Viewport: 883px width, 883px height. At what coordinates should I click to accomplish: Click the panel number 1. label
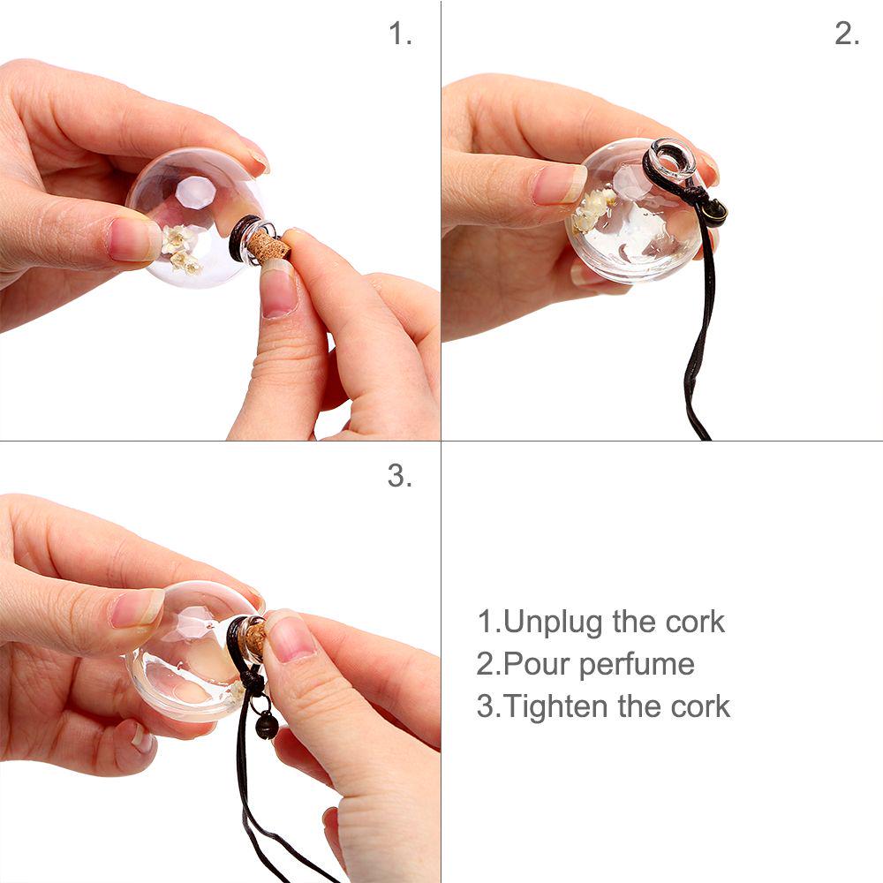coord(400,35)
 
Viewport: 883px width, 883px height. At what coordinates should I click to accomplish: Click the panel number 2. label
coord(847,35)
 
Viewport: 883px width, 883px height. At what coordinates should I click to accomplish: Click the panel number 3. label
coord(400,477)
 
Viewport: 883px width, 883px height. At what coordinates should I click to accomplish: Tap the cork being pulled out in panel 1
coord(268,246)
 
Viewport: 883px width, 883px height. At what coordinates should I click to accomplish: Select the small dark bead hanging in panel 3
coord(266,727)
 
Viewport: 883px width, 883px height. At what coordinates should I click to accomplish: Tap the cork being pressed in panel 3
coord(253,638)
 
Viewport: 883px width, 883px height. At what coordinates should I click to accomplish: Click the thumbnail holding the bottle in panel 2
coord(559,184)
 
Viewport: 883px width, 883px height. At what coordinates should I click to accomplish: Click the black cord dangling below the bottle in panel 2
coord(698,353)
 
